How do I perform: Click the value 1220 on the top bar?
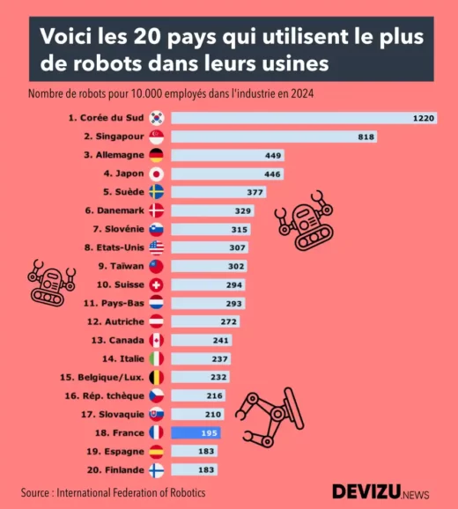424,118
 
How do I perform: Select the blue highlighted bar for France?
196,432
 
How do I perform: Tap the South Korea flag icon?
157,118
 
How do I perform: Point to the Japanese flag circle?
157,173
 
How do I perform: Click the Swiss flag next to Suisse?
157,284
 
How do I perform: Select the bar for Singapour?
274,136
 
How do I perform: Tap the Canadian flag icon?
157,340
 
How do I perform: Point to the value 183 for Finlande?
206,469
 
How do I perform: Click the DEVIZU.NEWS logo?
380,491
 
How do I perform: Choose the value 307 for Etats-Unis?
236,247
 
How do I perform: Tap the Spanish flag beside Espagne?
157,451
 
